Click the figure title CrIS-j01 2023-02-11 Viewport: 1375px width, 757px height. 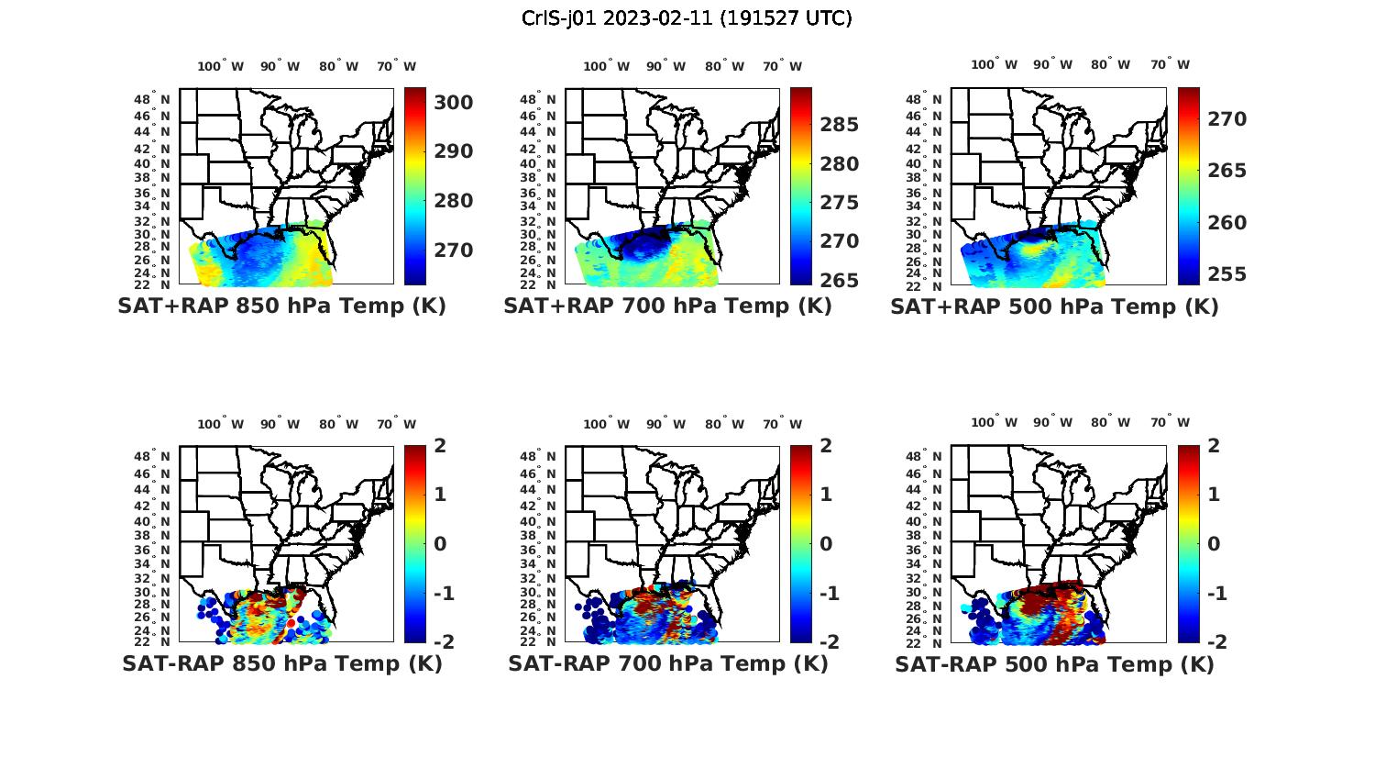coord(687,17)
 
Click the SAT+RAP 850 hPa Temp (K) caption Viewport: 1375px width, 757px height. coord(281,306)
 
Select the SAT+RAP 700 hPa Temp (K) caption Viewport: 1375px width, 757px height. coord(667,306)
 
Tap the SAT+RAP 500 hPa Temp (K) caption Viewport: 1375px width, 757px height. coord(1054,306)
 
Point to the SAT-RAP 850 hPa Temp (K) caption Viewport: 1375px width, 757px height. coord(281,663)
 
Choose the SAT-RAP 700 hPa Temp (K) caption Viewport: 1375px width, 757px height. coord(668,663)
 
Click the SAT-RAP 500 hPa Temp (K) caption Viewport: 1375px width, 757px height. coord(1054,664)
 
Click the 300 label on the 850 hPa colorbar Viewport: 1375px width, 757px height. coord(453,103)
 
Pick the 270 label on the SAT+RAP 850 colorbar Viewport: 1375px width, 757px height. coord(453,250)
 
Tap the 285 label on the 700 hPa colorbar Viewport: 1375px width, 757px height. coord(839,125)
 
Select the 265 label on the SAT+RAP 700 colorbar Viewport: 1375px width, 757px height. coord(839,281)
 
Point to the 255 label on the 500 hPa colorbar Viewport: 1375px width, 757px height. coord(1226,274)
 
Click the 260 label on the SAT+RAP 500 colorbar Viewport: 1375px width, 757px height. coord(1226,223)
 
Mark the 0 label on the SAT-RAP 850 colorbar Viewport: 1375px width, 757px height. coord(439,544)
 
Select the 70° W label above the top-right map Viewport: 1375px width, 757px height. coord(1170,65)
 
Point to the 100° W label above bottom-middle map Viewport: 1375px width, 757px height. coord(606,424)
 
